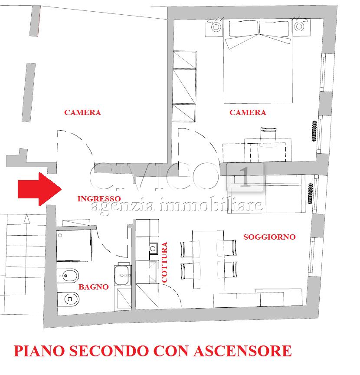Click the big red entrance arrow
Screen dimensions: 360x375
(x=39, y=189)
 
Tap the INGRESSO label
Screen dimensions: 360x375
(x=99, y=199)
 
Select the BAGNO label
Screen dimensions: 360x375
(x=93, y=287)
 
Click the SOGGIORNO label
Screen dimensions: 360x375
(x=269, y=237)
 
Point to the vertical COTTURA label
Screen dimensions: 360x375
(x=164, y=262)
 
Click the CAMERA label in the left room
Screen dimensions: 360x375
(x=82, y=112)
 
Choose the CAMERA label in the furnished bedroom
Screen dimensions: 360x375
(x=248, y=112)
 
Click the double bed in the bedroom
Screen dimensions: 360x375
(x=258, y=62)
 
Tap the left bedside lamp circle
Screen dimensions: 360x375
(x=216, y=27)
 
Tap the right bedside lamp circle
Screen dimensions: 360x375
(x=299, y=26)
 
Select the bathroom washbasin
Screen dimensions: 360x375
(x=123, y=275)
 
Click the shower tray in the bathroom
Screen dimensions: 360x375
(x=74, y=246)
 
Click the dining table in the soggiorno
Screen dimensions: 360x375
(x=209, y=260)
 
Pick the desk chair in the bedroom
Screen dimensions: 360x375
(x=268, y=137)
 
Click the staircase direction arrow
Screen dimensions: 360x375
(x=27, y=219)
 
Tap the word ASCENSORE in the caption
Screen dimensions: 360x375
(x=242, y=351)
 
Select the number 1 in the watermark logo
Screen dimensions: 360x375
(x=245, y=177)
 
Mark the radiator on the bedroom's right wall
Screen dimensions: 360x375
(x=314, y=131)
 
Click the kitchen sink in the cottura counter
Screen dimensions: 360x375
(x=153, y=249)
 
